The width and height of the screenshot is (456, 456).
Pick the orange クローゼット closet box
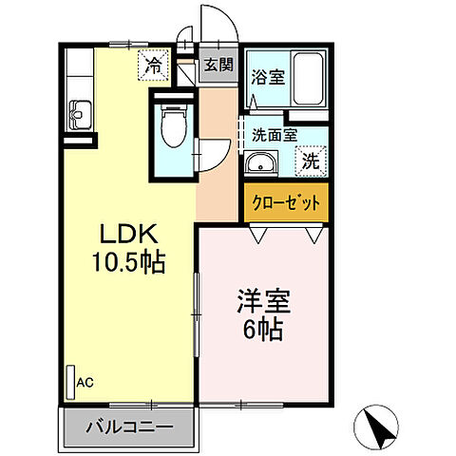(x=286, y=202)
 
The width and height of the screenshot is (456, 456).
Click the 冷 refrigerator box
(x=152, y=66)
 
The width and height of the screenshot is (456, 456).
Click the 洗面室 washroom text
(x=271, y=135)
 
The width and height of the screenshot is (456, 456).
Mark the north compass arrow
(x=379, y=428)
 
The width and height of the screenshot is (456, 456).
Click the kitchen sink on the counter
(x=77, y=114)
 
